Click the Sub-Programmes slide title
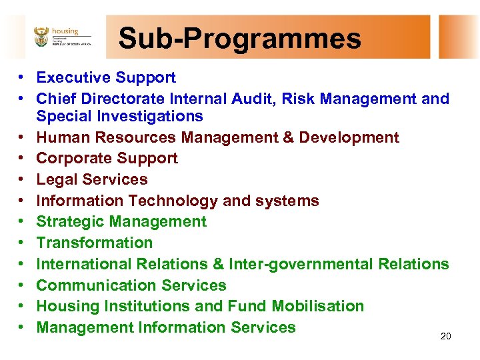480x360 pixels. click(239, 38)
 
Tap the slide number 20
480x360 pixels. click(446, 337)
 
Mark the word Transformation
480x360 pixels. click(94, 243)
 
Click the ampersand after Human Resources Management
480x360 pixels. click(289, 138)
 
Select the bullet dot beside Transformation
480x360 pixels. click(22, 243)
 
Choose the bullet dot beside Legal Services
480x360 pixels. click(22, 180)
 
